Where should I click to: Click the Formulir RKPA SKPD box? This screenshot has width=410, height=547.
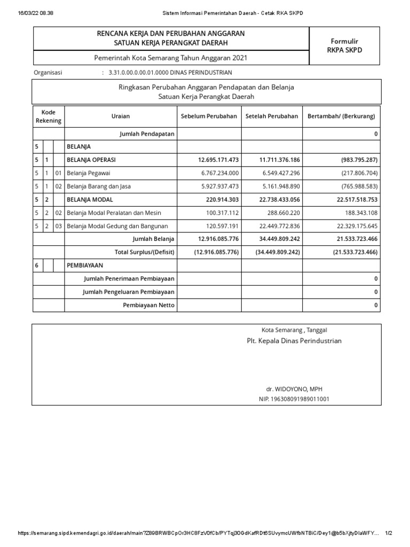pos(344,45)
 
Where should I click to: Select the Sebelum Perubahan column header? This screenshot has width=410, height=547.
pos(209,116)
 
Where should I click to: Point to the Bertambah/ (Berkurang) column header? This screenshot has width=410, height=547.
pos(341,116)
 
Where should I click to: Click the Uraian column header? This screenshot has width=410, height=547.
pos(120,116)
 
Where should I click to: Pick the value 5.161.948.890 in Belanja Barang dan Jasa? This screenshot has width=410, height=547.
pos(280,186)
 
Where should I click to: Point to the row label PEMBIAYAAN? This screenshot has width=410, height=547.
pos(84,265)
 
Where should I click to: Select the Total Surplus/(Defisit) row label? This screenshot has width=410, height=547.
pos(145,252)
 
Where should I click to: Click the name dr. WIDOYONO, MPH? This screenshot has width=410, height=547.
pos(294,389)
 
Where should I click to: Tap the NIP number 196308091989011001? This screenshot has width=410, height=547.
pos(294,398)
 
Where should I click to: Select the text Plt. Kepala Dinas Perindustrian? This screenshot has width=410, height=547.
pos(294,341)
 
